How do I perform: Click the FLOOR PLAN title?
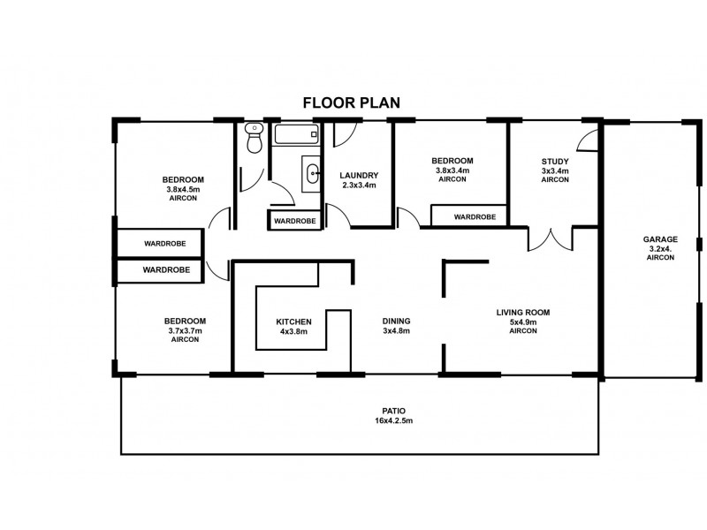(x=351, y=102)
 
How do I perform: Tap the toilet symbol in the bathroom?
(x=255, y=138)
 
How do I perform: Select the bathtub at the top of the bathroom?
(x=296, y=134)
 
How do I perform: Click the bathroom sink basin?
(x=312, y=174)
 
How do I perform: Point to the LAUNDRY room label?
(x=359, y=175)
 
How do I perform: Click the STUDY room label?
(x=555, y=162)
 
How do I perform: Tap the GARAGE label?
(x=660, y=239)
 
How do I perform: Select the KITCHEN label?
(x=293, y=322)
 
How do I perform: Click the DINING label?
(x=396, y=321)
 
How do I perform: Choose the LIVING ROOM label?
(x=523, y=313)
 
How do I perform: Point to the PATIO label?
(x=393, y=411)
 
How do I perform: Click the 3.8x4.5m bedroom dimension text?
(x=183, y=189)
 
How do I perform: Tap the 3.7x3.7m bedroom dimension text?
(x=185, y=330)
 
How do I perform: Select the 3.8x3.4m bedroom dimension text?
(x=452, y=170)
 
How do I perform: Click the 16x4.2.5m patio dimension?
(x=393, y=421)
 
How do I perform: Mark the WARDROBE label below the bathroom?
(x=295, y=222)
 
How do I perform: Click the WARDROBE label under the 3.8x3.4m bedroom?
(x=475, y=216)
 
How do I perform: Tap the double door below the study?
(x=551, y=239)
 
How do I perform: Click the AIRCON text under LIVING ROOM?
(x=523, y=330)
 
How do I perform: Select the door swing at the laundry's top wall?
(x=345, y=134)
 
